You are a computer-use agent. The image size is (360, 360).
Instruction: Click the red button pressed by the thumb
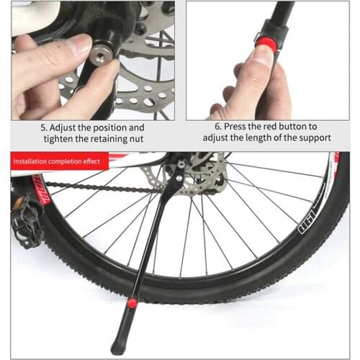267,45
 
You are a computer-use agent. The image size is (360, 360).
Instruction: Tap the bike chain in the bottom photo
101,189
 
